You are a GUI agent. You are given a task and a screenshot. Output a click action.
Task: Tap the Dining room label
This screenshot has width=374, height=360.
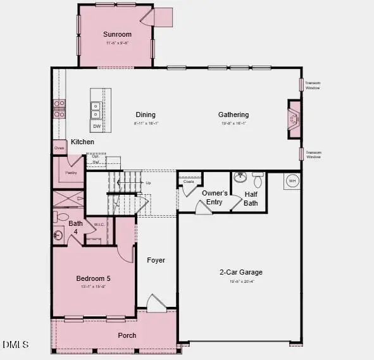pyautogui.click(x=145, y=115)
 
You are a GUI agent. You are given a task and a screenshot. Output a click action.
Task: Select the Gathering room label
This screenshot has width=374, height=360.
pyautogui.click(x=234, y=115)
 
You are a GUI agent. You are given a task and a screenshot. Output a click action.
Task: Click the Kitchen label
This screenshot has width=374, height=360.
pyautogui.click(x=82, y=142)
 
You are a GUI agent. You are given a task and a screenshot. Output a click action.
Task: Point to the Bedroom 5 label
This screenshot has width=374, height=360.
pyautogui.click(x=93, y=278)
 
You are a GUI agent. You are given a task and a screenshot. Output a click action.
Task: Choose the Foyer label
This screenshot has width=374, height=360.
pyautogui.click(x=156, y=260)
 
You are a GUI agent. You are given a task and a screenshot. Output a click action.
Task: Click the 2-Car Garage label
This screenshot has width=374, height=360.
pyautogui.click(x=240, y=272)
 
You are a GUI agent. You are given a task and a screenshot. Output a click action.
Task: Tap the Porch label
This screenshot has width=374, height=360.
pyautogui.click(x=127, y=335)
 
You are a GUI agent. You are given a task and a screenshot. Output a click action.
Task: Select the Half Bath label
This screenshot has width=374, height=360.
pyautogui.click(x=251, y=199)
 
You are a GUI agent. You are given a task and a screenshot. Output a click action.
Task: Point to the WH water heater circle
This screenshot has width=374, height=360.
pyautogui.click(x=292, y=181)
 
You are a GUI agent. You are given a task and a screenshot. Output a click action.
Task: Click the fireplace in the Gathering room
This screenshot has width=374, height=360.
pyautogui.click(x=294, y=118)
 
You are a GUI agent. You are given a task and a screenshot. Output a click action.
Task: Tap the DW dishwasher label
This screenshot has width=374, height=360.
pyautogui.click(x=97, y=127)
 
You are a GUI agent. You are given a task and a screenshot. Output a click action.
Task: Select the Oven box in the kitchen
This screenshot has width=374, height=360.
pyautogui.click(x=59, y=148)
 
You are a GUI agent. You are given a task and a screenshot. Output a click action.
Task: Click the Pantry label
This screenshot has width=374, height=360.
pyautogui.click(x=71, y=172)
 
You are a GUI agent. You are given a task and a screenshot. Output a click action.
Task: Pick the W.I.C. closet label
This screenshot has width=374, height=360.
pyautogui.click(x=99, y=224)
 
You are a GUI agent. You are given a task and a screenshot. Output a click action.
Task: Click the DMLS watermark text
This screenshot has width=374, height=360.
pyautogui.click(x=16, y=344)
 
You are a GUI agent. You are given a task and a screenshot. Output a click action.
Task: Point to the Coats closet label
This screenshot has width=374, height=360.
pyautogui.click(x=189, y=182)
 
